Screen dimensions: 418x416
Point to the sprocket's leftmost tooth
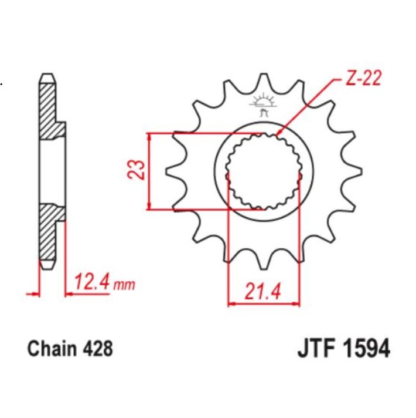pos(174,171)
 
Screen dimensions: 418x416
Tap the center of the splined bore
pos(263,171)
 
